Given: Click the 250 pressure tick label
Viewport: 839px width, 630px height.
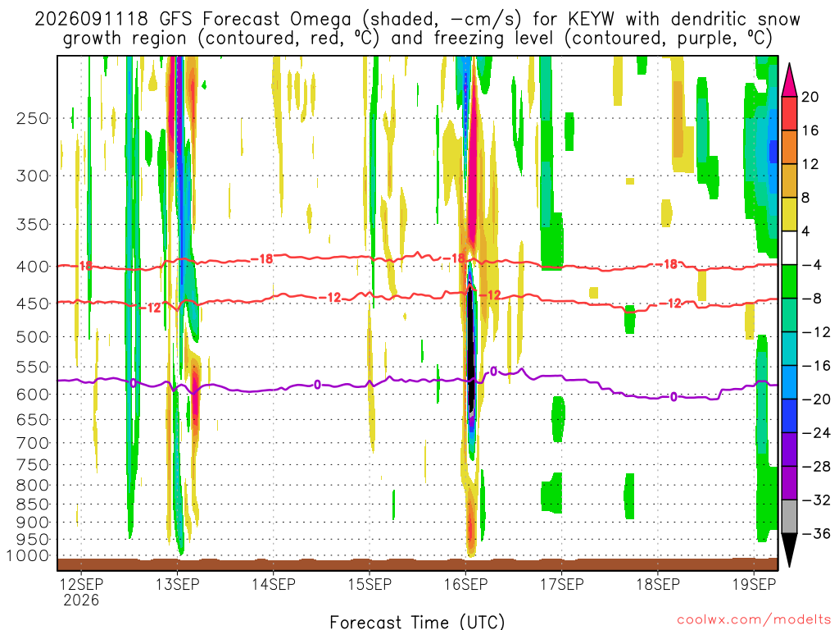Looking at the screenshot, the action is pyautogui.click(x=32, y=118).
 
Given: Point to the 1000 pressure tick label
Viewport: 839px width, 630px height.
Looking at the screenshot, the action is pyautogui.click(x=28, y=556).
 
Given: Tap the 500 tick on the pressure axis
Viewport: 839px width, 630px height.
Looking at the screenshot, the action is pyautogui.click(x=32, y=337).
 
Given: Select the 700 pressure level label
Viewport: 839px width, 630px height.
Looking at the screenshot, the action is pyautogui.click(x=32, y=443).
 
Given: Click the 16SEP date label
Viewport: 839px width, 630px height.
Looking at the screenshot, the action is pyautogui.click(x=466, y=584).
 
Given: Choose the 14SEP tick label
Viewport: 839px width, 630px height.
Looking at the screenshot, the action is pyautogui.click(x=274, y=584).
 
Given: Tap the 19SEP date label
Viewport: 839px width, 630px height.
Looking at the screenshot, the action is pyautogui.click(x=754, y=584).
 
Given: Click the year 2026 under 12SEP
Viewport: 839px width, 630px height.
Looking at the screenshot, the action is pyautogui.click(x=81, y=600).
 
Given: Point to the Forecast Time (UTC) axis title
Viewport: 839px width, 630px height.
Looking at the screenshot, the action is pyautogui.click(x=417, y=622).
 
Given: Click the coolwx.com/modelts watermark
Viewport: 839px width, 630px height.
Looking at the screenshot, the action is pyautogui.click(x=754, y=620).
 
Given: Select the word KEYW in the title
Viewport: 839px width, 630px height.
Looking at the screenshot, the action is pyautogui.click(x=591, y=20).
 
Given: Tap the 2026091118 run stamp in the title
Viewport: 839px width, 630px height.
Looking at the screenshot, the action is pyautogui.click(x=91, y=20).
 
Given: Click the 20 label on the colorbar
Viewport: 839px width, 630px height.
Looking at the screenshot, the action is pyautogui.click(x=810, y=97).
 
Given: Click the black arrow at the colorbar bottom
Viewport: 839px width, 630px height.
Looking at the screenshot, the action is pyautogui.click(x=789, y=550).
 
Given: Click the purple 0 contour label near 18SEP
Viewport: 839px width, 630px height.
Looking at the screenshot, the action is pyautogui.click(x=673, y=397).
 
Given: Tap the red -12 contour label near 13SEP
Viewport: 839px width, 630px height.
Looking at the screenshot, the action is pyautogui.click(x=151, y=308).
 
